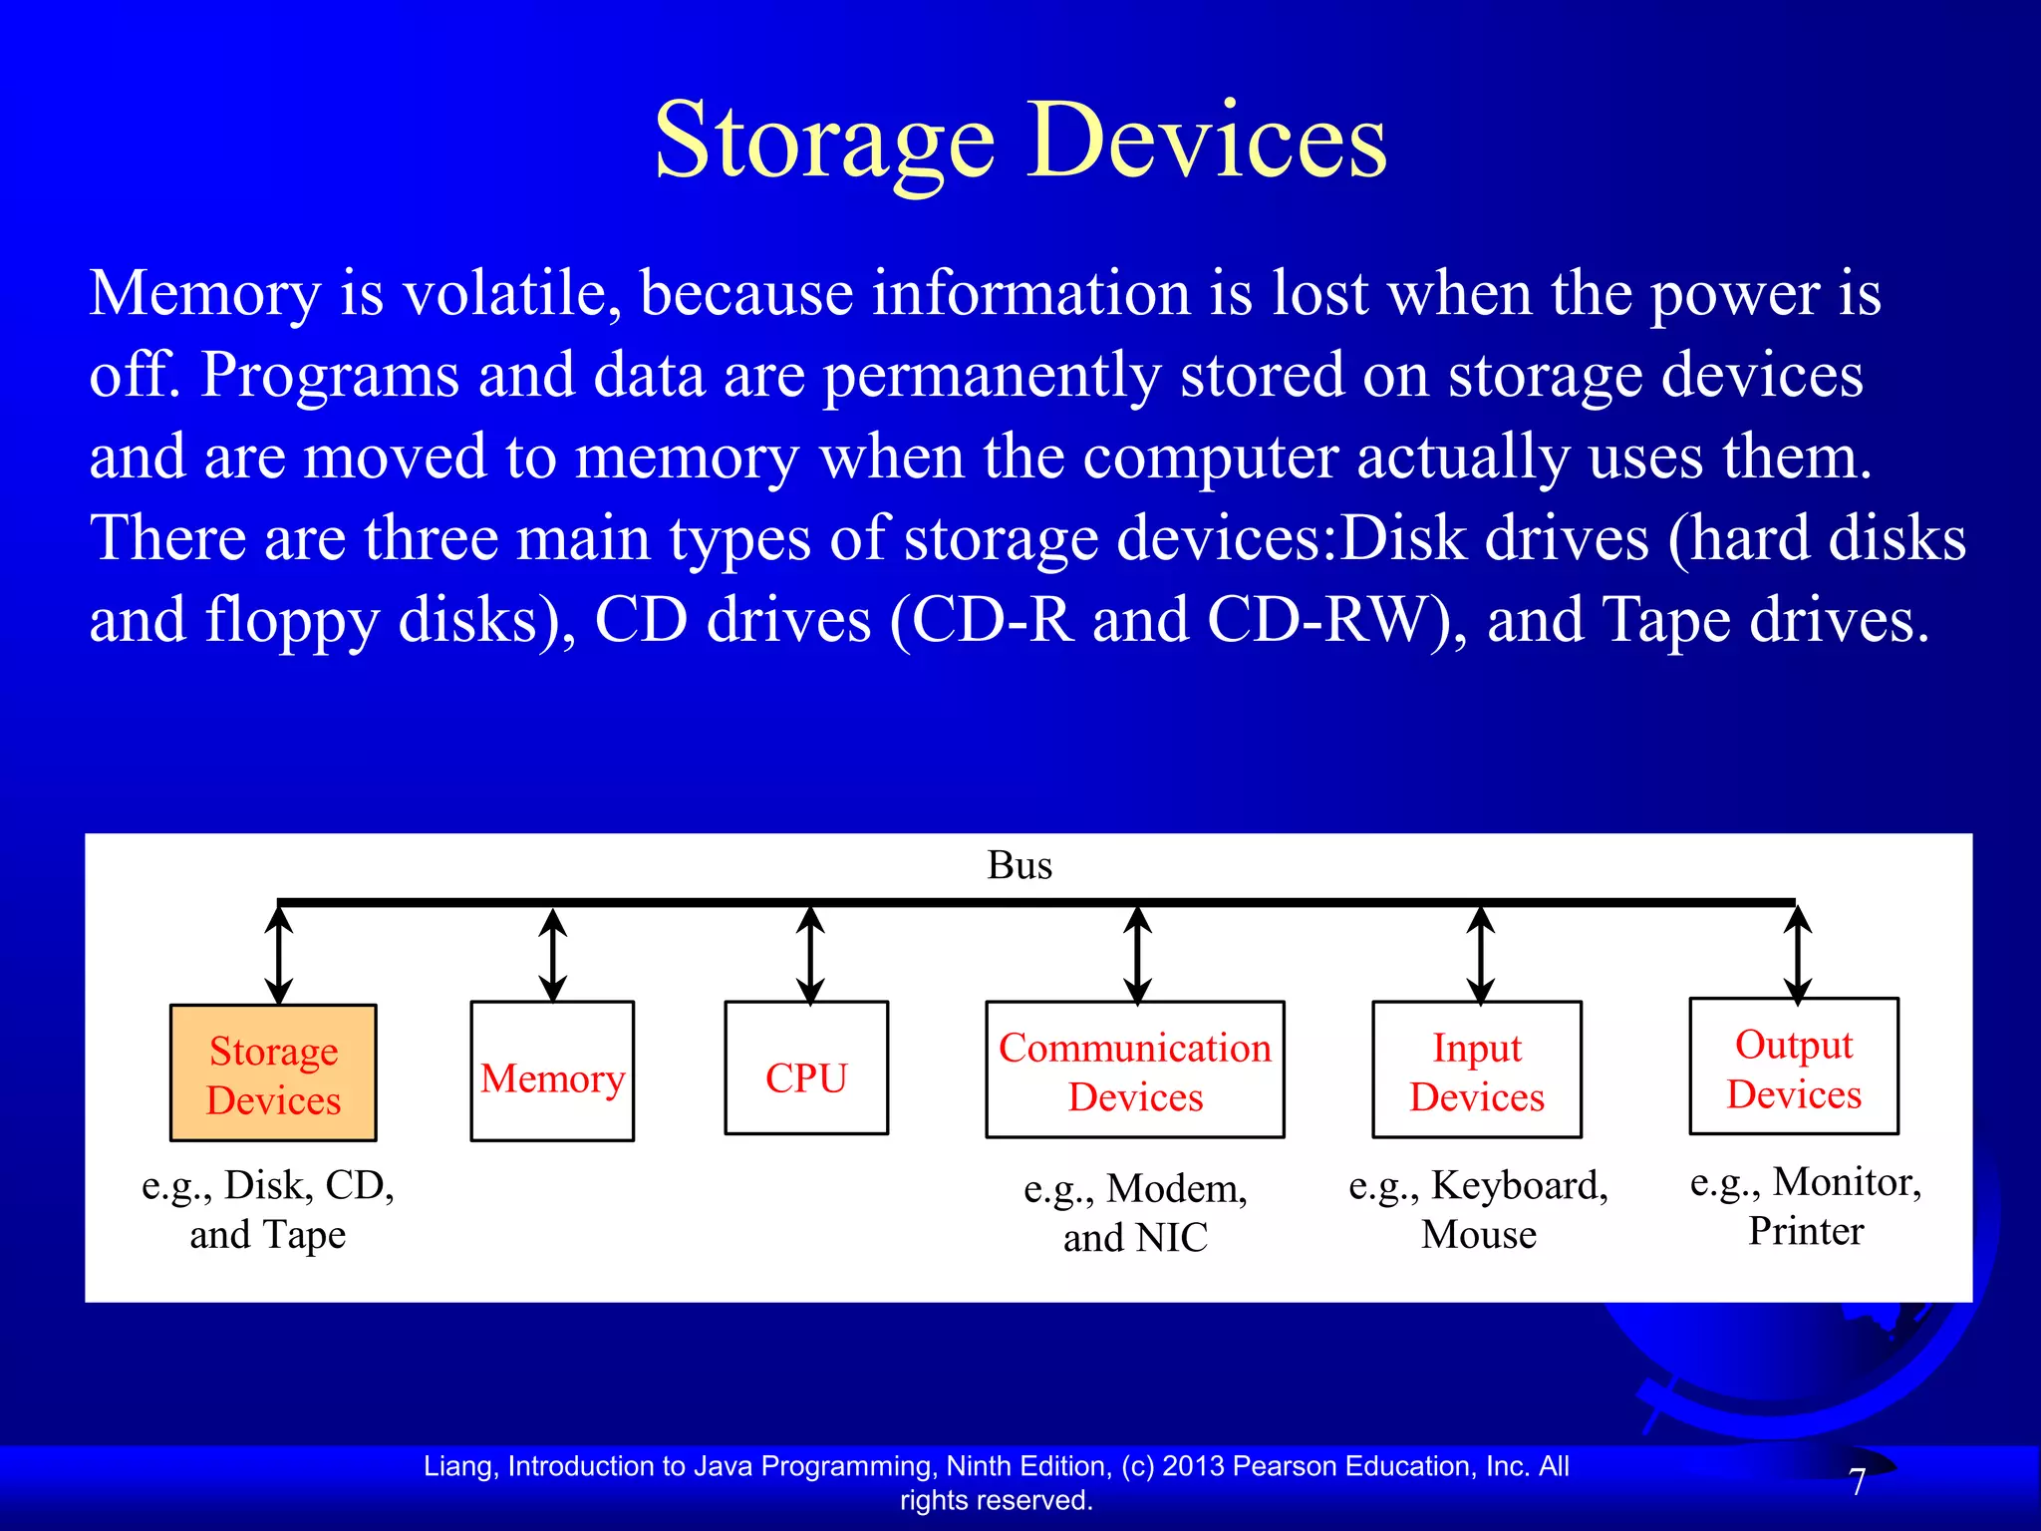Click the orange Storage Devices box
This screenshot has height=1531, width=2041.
point(273,1073)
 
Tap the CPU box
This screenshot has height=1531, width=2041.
point(806,1069)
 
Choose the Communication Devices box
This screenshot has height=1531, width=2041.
point(1135,1071)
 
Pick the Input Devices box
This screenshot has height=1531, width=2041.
point(1477,1071)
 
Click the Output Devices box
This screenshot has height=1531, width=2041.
point(1794,1068)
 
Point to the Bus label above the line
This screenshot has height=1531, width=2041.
point(1020,865)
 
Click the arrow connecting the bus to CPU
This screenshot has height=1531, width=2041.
point(810,955)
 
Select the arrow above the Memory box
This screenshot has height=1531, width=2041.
point(553,955)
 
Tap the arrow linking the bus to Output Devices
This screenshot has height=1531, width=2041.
point(1798,954)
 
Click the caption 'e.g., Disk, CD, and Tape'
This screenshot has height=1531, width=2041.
point(268,1209)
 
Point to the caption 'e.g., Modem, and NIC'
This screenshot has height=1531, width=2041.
point(1135,1212)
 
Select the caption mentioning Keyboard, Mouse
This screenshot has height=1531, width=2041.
point(1478,1209)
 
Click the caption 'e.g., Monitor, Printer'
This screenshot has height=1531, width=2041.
point(1806,1206)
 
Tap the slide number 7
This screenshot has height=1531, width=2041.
point(1858,1483)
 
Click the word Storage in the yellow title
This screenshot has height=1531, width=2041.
point(824,142)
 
